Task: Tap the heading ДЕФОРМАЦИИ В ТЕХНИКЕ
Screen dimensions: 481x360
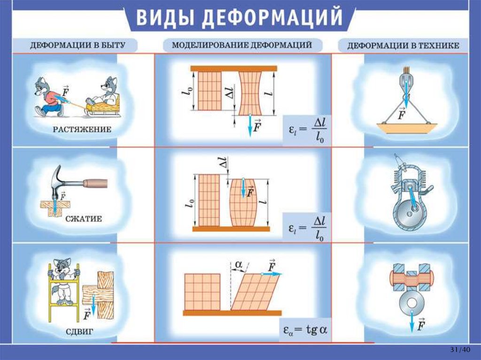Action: coord(403,46)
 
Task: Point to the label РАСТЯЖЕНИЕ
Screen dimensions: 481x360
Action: coord(76,129)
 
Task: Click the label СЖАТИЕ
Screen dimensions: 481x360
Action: coord(84,219)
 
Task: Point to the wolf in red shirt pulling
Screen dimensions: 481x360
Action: coord(49,96)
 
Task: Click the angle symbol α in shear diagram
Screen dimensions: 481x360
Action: coord(238,266)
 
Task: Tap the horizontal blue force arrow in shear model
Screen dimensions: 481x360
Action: coord(271,273)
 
